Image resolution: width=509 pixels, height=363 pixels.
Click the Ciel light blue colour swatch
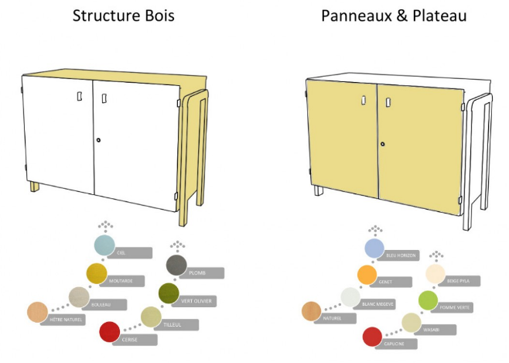[104, 246]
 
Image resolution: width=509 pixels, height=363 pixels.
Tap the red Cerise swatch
[110, 333]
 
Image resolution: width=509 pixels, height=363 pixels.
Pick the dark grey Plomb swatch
[177, 265]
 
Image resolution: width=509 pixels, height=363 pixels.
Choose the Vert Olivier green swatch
[169, 293]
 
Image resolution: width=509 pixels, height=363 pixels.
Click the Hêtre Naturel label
[67, 318]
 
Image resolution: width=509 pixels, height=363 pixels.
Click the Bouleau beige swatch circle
[79, 296]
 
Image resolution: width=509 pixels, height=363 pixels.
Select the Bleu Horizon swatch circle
[375, 248]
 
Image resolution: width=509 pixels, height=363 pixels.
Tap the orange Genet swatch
[367, 274]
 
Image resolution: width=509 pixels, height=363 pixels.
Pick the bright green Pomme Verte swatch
[429, 300]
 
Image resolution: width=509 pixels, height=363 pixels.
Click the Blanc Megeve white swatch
[351, 296]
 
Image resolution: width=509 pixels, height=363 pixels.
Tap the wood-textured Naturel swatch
[312, 311]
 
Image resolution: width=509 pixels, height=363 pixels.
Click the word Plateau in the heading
[436, 15]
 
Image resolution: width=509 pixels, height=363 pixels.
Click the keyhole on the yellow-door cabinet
[381, 144]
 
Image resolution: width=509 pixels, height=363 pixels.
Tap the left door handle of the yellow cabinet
[364, 100]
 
